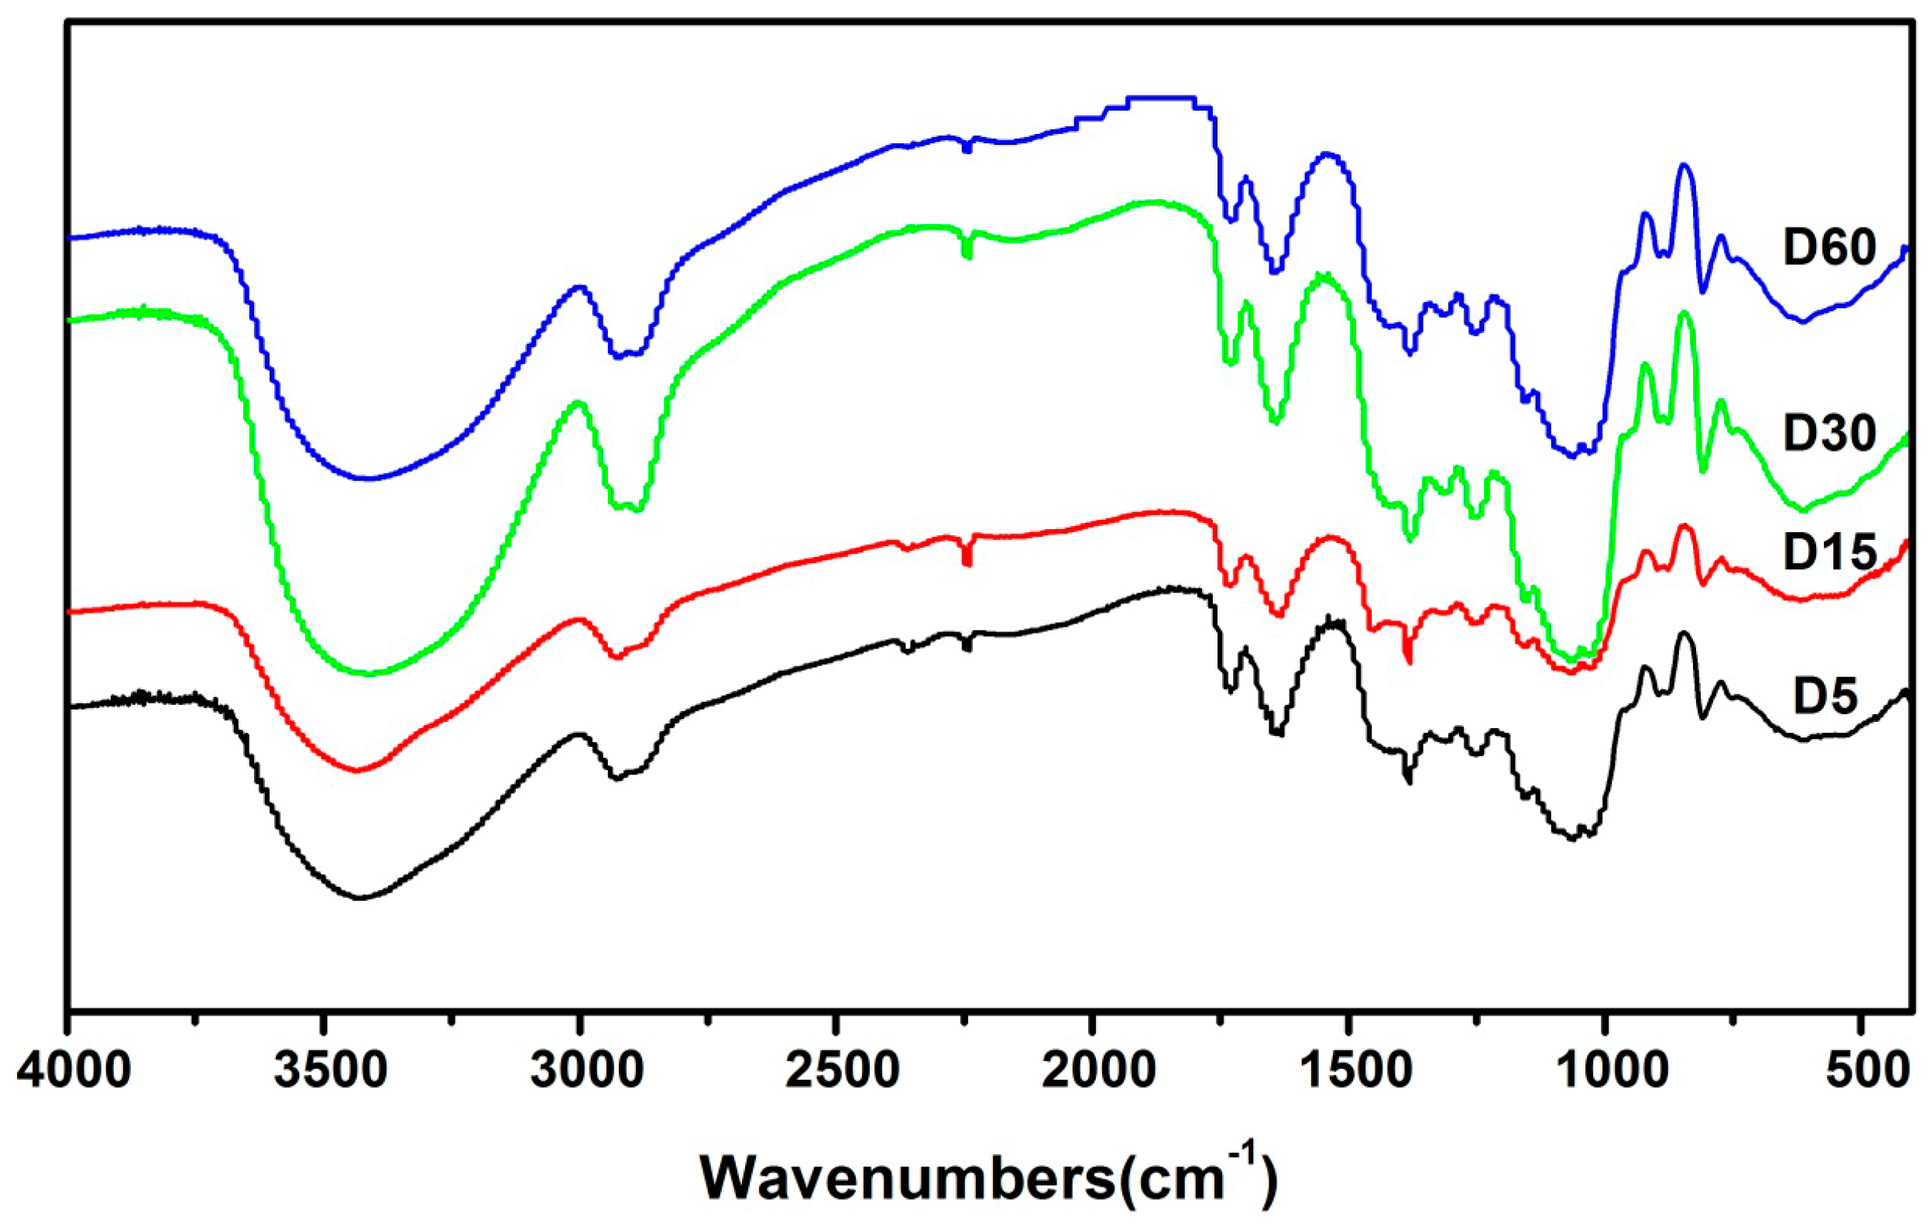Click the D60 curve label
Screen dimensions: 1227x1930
click(1830, 248)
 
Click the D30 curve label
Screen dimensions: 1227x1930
click(1830, 434)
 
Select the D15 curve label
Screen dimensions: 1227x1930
click(1830, 552)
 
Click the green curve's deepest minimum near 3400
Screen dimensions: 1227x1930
click(369, 674)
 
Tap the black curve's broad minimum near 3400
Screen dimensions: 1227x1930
click(359, 898)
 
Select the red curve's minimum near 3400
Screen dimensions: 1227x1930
click(358, 770)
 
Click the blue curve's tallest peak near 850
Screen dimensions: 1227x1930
click(1684, 165)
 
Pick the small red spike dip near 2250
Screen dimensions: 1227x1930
click(967, 561)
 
